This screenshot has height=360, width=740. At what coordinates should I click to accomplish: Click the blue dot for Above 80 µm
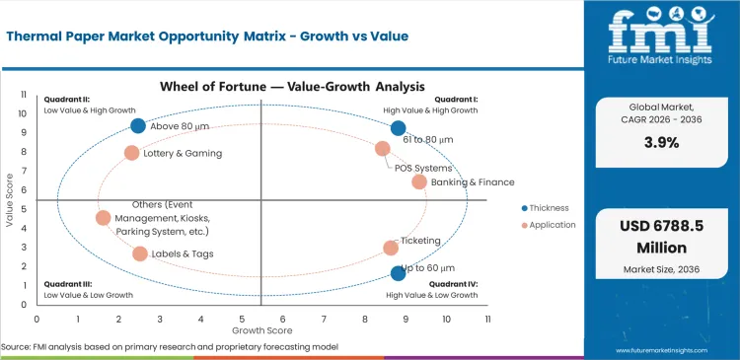(x=138, y=126)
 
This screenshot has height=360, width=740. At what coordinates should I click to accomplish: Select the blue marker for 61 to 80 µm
(x=398, y=128)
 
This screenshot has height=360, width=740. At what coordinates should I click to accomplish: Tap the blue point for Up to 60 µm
(x=398, y=273)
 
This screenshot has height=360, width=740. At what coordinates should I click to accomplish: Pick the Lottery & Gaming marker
(x=131, y=153)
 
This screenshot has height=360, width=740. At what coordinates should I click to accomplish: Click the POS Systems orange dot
(x=383, y=149)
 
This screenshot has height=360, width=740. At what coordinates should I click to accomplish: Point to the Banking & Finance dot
(x=419, y=181)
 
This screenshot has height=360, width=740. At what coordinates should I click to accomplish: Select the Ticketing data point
(x=391, y=249)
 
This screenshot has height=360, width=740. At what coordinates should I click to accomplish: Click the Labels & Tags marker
(x=140, y=253)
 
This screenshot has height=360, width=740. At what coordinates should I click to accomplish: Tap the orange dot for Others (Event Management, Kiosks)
(x=104, y=218)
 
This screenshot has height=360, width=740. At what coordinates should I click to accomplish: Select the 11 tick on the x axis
(x=487, y=320)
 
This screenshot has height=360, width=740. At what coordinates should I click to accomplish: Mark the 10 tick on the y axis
(x=25, y=113)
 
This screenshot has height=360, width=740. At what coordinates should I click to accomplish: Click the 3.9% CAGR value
(x=661, y=142)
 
